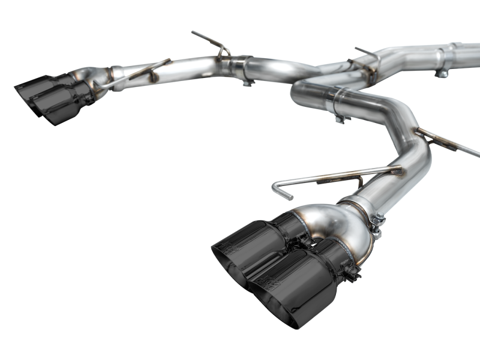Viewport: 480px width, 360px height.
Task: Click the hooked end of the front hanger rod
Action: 278,190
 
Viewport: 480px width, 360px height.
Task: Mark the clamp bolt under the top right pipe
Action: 442,73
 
